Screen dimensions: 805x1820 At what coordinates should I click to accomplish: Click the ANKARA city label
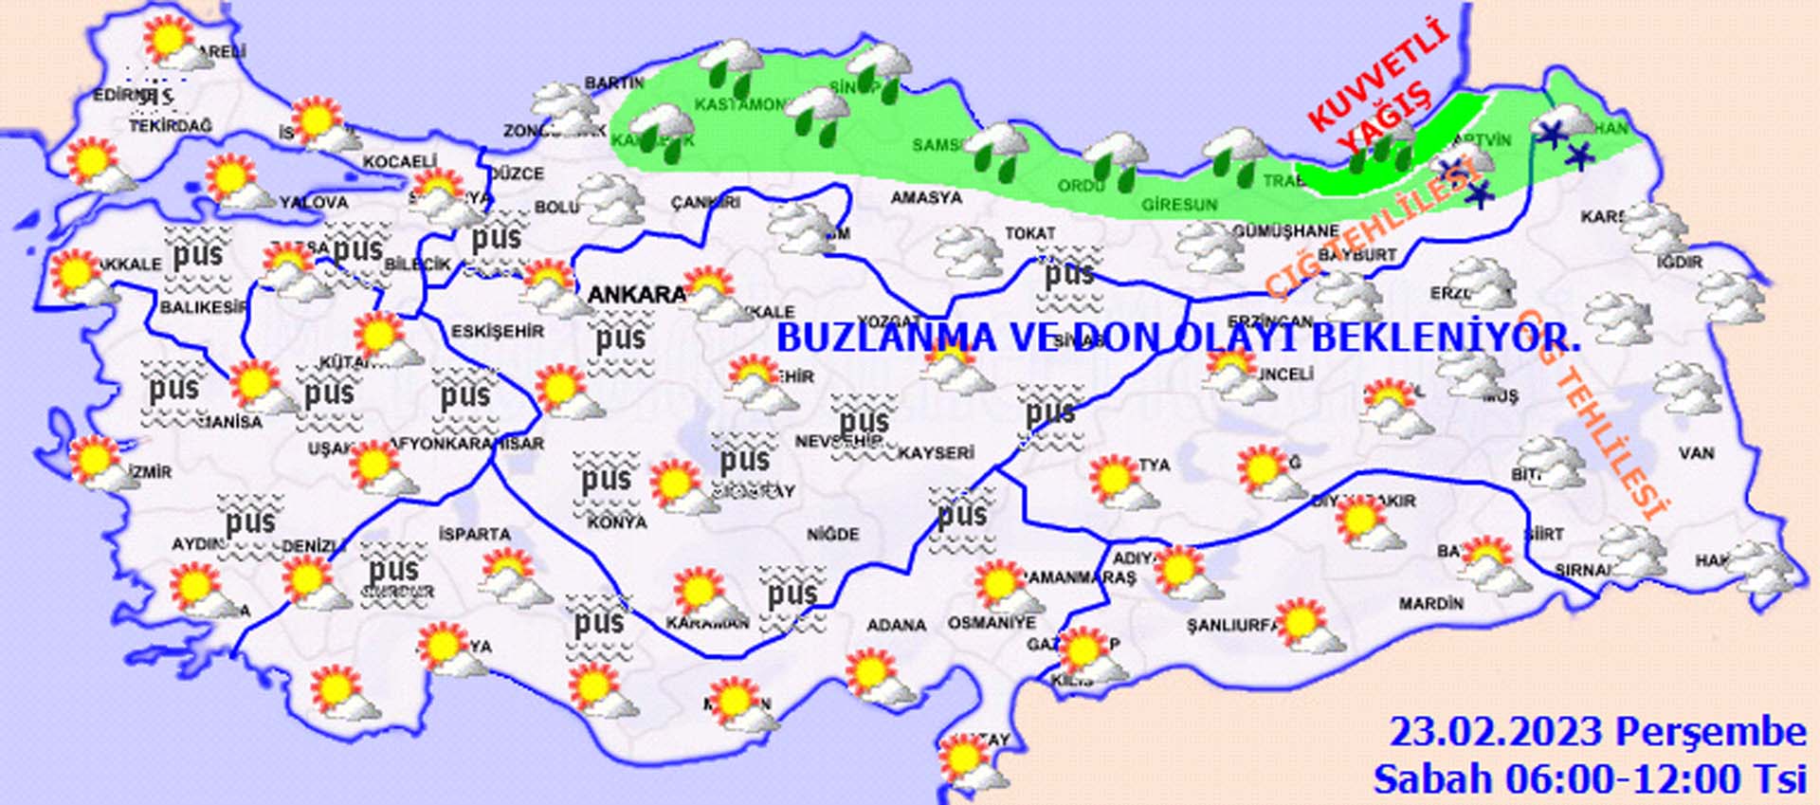635,295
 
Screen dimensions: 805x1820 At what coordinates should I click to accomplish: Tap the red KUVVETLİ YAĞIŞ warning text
1380,90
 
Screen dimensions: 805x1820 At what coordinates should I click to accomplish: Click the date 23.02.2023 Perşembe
1597,733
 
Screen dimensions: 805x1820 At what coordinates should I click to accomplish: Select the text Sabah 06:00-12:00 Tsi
1590,779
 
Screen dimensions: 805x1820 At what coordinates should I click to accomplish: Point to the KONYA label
617,522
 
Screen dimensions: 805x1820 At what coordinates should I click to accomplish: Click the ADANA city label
896,625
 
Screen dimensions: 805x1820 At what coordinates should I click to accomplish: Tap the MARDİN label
1431,603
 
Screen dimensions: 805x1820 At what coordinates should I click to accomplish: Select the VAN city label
1696,453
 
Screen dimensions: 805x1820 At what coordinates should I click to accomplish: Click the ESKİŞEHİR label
498,331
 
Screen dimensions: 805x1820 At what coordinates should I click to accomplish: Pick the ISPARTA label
475,534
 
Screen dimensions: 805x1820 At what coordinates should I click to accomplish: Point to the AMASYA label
926,198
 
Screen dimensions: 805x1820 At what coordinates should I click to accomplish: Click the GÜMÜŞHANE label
1285,230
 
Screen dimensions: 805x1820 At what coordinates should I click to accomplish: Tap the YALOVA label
315,202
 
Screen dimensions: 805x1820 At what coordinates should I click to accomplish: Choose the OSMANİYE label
992,623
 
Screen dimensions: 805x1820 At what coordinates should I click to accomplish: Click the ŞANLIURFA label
1232,626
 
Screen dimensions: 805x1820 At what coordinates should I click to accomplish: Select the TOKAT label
1030,232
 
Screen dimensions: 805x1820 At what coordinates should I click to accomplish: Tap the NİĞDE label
833,535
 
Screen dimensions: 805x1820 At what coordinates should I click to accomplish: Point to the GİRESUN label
1179,205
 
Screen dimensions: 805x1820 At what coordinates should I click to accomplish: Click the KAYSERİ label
936,453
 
